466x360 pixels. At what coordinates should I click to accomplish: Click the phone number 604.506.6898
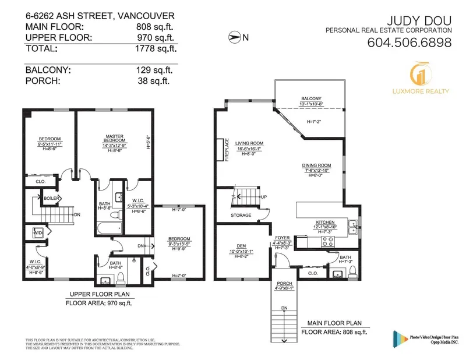click(409, 43)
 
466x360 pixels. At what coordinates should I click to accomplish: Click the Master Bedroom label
click(115, 138)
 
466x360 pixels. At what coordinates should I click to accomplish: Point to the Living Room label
click(249, 143)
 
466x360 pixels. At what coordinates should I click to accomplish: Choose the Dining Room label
click(316, 165)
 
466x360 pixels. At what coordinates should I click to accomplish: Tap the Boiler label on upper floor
click(51, 198)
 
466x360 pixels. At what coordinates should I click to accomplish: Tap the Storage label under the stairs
click(241, 216)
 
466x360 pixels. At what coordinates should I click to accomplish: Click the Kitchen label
click(324, 222)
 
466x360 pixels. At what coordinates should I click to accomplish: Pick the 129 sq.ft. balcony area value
click(156, 70)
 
